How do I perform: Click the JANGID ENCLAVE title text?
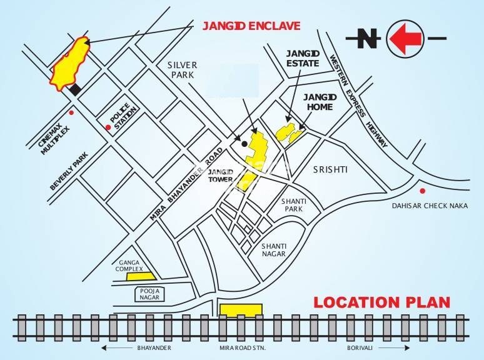pos(251,26)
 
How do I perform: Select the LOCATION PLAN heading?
pos(381,302)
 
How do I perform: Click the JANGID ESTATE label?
pos(303,58)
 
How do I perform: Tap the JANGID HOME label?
pos(320,102)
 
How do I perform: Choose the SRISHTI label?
pos(330,169)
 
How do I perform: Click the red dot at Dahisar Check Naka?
pos(423,191)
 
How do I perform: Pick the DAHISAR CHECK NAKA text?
pos(430,206)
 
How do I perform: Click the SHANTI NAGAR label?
pos(273,249)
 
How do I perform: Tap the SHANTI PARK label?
pos(293,206)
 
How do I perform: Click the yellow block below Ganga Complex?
pos(139,276)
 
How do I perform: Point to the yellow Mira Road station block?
pos(241,311)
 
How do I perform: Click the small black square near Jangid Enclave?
pos(75,90)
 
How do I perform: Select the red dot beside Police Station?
pos(108,127)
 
